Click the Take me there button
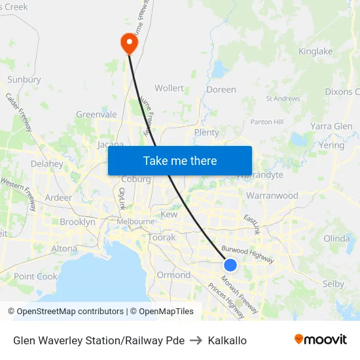pos(180,160)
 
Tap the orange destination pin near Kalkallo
pos(128,43)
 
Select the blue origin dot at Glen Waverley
pos(230,265)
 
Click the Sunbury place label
pos(24,79)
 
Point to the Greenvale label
pos(96,114)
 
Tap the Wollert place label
pos(169,88)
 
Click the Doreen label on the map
pos(221,89)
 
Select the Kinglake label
pos(315,51)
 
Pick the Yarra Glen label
pos(331,126)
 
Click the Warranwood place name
pos(272,196)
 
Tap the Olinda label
pos(336,238)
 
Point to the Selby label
pos(333,283)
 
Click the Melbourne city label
pos(135,221)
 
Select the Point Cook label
pos(36,276)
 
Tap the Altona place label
pos(64,249)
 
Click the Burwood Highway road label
pos(247,254)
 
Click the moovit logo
pos(321,339)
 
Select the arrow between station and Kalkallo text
pos(196,340)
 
